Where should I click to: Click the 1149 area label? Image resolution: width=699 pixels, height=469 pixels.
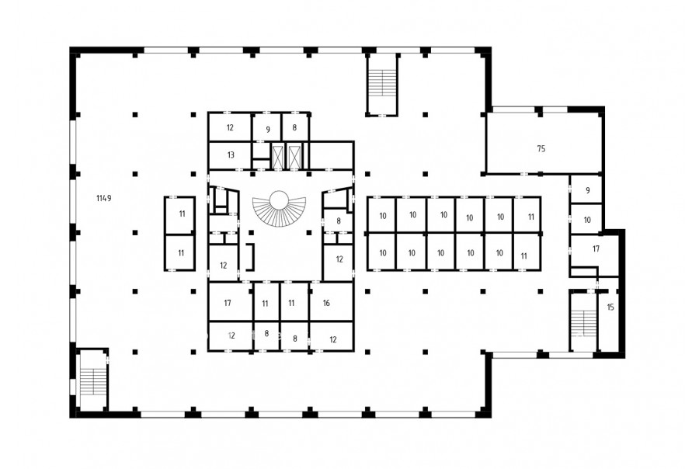point(104,198)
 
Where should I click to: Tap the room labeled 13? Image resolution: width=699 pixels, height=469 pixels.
point(231,155)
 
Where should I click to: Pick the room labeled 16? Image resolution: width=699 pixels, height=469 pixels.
point(331,302)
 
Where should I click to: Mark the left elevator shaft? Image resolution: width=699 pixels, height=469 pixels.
point(278,156)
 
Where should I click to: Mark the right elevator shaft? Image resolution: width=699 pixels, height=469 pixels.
point(294,156)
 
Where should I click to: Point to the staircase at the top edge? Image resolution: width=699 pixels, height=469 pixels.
point(382,85)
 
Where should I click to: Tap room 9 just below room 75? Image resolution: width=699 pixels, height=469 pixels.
point(586,190)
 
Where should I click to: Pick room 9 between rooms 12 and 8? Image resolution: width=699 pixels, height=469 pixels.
point(266,127)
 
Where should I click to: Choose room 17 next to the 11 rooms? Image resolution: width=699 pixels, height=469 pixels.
point(231,302)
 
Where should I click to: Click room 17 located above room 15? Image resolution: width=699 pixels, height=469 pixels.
point(594,251)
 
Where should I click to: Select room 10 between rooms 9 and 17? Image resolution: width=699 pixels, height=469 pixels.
point(586,219)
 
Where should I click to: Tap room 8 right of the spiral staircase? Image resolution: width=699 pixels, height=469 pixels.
point(338,221)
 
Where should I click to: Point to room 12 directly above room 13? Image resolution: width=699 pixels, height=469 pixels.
point(230,127)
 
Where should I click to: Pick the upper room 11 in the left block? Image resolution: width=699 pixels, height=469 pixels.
point(179,215)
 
